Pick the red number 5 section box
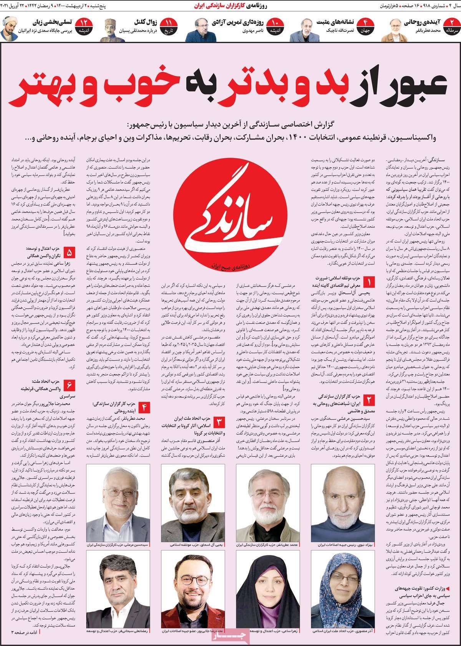click(70, 253)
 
